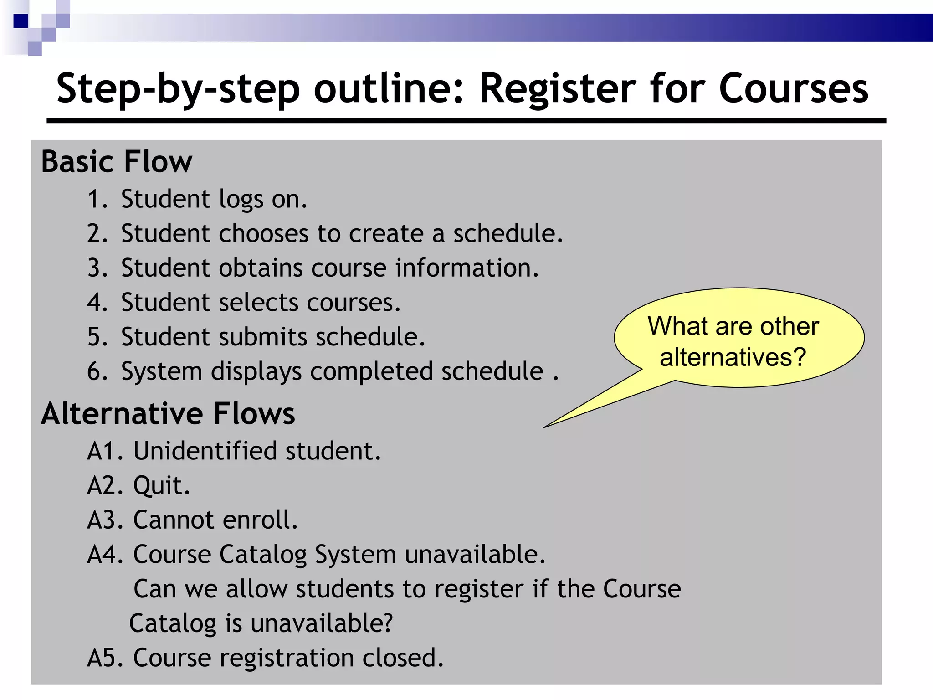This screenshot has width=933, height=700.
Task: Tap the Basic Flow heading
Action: tap(117, 162)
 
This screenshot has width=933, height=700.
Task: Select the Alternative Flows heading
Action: tap(168, 414)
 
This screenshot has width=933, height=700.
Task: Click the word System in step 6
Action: tap(162, 372)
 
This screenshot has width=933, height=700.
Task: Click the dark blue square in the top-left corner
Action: tap(21, 21)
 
